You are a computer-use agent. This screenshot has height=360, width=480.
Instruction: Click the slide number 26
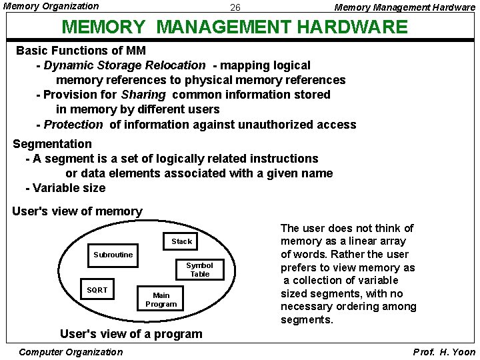235,8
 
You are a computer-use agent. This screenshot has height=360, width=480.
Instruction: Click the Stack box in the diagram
181,241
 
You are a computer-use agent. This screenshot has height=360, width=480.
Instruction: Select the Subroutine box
113,255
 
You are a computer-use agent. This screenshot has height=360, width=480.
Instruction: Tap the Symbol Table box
199,269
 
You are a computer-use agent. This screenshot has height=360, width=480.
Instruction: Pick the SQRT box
97,290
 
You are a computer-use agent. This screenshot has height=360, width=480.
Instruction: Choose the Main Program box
161,299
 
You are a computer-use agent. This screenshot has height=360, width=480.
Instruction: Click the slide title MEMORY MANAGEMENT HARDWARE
233,27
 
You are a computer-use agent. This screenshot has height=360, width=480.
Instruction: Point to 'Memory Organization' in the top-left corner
51,6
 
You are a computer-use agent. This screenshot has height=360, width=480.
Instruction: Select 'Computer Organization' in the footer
71,351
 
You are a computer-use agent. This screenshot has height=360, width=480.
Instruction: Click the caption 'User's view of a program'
131,334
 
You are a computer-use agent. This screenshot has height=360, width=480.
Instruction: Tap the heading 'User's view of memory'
77,211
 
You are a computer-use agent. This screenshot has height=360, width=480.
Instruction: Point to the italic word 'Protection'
73,125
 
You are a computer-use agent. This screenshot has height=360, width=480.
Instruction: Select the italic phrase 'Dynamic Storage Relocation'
125,65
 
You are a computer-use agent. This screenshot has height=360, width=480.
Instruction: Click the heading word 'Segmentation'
53,144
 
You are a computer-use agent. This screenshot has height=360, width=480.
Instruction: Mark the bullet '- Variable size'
65,188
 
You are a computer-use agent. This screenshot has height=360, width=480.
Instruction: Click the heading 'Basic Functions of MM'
81,51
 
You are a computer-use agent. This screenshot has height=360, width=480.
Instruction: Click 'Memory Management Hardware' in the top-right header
405,7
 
